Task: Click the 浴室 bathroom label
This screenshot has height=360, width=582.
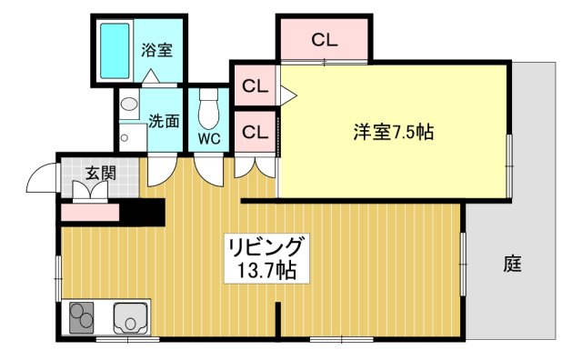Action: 156,51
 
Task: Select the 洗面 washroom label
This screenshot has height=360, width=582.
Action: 164,119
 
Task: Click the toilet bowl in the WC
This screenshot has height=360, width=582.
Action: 209,109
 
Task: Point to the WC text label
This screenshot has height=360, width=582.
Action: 209,139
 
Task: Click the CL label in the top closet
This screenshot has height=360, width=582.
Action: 324,39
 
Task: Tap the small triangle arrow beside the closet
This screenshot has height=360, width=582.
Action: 287,92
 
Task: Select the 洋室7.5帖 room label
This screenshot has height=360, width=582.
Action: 393,132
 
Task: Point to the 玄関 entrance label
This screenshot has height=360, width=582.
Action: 100,173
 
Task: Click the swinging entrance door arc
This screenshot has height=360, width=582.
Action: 42,179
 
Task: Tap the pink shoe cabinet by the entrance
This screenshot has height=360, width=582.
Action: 90,213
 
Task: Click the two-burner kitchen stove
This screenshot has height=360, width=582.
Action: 82,318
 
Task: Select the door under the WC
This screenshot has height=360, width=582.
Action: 208,168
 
